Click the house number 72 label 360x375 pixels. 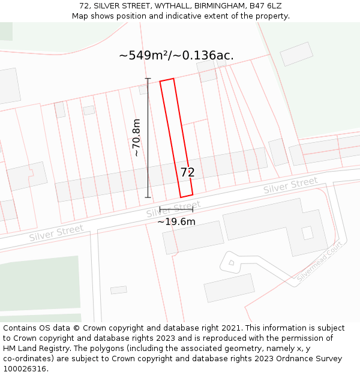[188, 172]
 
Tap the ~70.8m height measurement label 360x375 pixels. [136, 137]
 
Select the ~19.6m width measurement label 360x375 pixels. [176, 221]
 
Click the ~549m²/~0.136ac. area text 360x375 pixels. [176, 56]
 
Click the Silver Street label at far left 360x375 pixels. [56, 233]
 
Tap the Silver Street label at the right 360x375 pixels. [290, 185]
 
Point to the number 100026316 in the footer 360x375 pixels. [25, 368]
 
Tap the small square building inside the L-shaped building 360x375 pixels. [307, 233]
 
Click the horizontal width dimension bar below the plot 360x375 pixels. [176, 209]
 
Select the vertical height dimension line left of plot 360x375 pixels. [148, 137]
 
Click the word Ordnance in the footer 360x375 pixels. [291, 358]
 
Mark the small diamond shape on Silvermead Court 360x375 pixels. [232, 262]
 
